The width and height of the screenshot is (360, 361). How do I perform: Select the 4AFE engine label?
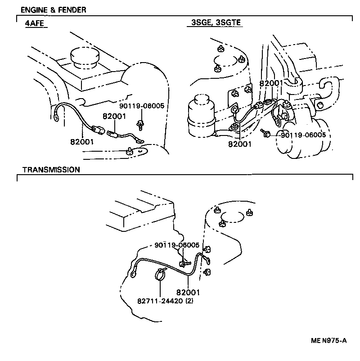34,23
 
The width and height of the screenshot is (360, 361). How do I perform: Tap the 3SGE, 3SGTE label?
215,23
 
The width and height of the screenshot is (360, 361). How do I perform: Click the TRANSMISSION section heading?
51,170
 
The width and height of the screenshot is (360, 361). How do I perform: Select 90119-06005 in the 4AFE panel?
142,106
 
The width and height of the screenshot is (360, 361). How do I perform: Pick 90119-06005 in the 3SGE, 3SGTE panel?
303,135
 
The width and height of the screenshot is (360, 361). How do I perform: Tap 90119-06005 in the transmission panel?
176,245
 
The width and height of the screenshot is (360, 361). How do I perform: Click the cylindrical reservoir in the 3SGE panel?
200,116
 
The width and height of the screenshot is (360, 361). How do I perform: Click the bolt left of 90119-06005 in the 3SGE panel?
265,132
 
